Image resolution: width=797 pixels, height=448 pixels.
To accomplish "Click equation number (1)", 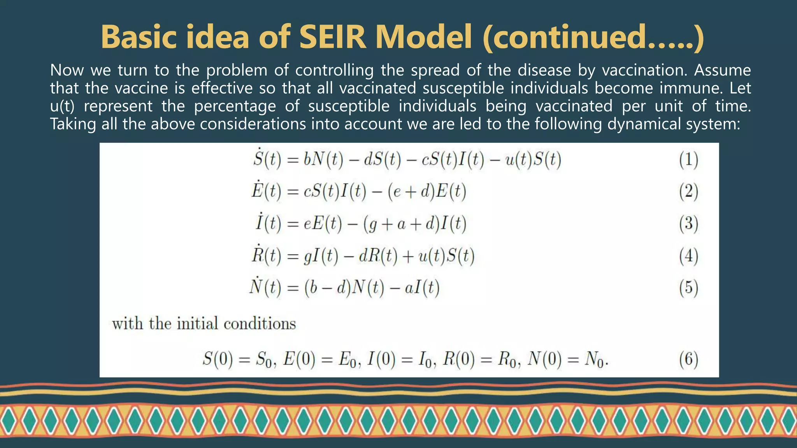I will tap(688, 160).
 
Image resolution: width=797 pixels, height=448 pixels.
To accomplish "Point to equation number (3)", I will tap(688, 224).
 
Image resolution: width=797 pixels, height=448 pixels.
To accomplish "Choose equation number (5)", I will tap(688, 288).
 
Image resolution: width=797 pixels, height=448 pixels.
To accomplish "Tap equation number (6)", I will tap(688, 359).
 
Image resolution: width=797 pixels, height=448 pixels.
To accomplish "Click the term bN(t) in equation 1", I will tap(323, 159).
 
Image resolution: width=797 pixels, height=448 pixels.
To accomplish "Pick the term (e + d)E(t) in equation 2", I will tap(427, 191).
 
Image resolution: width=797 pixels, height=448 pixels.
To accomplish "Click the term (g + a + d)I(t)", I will tap(414, 224).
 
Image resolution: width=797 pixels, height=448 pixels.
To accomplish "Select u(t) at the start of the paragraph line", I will tap(62, 106).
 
